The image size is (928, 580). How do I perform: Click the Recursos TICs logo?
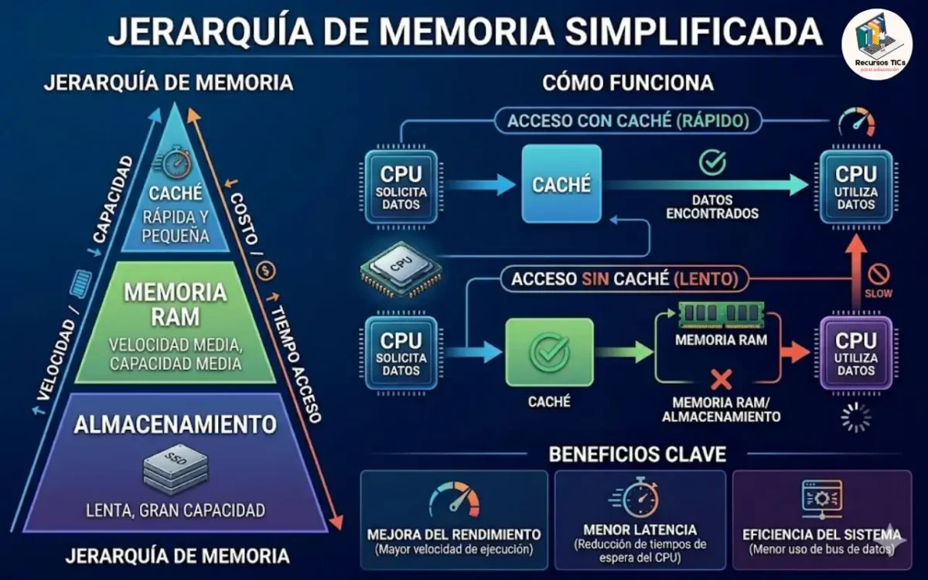876,43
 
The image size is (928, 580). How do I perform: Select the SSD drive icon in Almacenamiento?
176,469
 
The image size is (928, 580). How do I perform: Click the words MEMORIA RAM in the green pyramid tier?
175,304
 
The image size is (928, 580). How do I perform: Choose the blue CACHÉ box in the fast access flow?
561,184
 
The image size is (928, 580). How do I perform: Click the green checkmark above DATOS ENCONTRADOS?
712,162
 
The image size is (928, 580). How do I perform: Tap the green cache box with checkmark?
549,351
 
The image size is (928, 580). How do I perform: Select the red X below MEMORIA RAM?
721,379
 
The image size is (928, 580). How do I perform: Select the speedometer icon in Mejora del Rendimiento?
454,500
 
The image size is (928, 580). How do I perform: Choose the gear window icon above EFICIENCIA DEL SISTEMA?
821,500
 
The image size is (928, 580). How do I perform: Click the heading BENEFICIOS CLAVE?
637,454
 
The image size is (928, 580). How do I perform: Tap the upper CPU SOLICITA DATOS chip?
400,186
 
